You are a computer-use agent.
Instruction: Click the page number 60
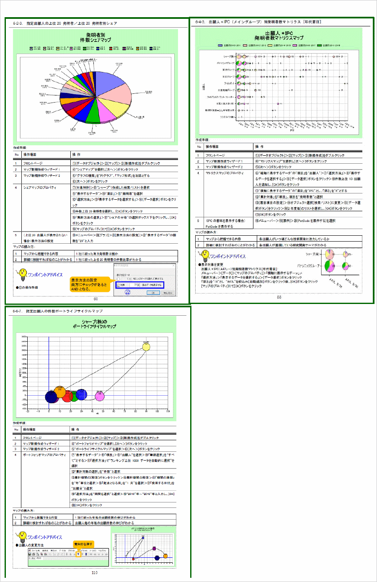pyautogui.click(x=96, y=299)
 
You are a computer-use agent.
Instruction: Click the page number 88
pyautogui.click(x=279, y=297)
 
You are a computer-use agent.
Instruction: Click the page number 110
pyautogui.click(x=94, y=572)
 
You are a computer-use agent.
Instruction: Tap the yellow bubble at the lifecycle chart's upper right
pyautogui.click(x=146, y=347)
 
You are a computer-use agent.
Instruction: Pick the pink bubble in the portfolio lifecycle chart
pyautogui.click(x=99, y=396)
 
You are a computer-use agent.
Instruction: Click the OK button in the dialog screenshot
pyautogui.click(x=153, y=293)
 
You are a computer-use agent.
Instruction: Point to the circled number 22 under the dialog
pyautogui.click(x=128, y=292)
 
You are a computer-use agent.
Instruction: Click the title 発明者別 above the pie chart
pyautogui.click(x=96, y=35)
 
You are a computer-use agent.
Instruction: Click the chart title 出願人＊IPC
pyautogui.click(x=279, y=33)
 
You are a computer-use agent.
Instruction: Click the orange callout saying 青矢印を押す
pyautogui.click(x=83, y=544)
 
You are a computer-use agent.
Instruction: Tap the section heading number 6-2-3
pyautogui.click(x=18, y=23)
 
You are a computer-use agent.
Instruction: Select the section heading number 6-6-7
pyautogui.click(x=17, y=311)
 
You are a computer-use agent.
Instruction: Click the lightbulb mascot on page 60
pyautogui.click(x=21, y=275)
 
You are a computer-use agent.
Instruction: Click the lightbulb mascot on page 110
pyautogui.click(x=21, y=537)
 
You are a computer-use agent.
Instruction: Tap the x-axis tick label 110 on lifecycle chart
pyautogui.click(x=168, y=412)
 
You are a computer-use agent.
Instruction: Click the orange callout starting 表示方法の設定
pyautogui.click(x=89, y=284)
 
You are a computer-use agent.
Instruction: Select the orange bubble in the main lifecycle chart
pyautogui.click(x=60, y=392)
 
